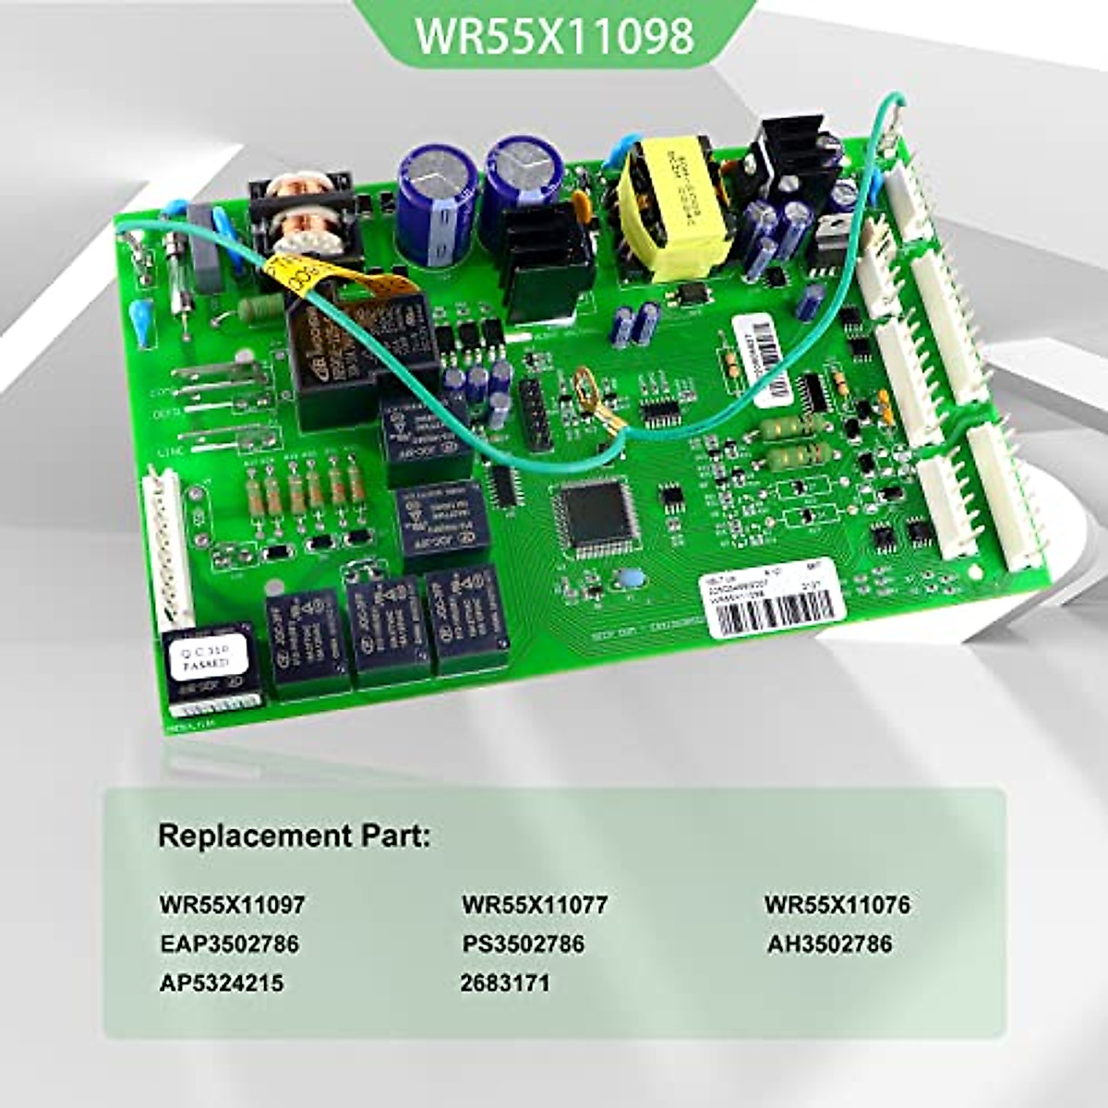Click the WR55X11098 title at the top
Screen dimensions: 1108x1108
click(x=554, y=36)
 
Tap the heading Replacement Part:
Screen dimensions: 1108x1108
click(x=294, y=837)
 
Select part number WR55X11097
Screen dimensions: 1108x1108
click(x=231, y=904)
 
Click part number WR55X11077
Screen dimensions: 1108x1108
click(x=535, y=904)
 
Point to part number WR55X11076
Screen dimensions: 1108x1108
click(x=837, y=904)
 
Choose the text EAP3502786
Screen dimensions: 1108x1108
click(x=229, y=944)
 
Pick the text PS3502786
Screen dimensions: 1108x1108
click(x=524, y=944)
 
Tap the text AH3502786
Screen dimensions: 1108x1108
click(x=829, y=944)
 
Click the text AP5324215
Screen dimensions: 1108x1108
click(x=222, y=983)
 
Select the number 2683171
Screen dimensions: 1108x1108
click(x=505, y=983)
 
